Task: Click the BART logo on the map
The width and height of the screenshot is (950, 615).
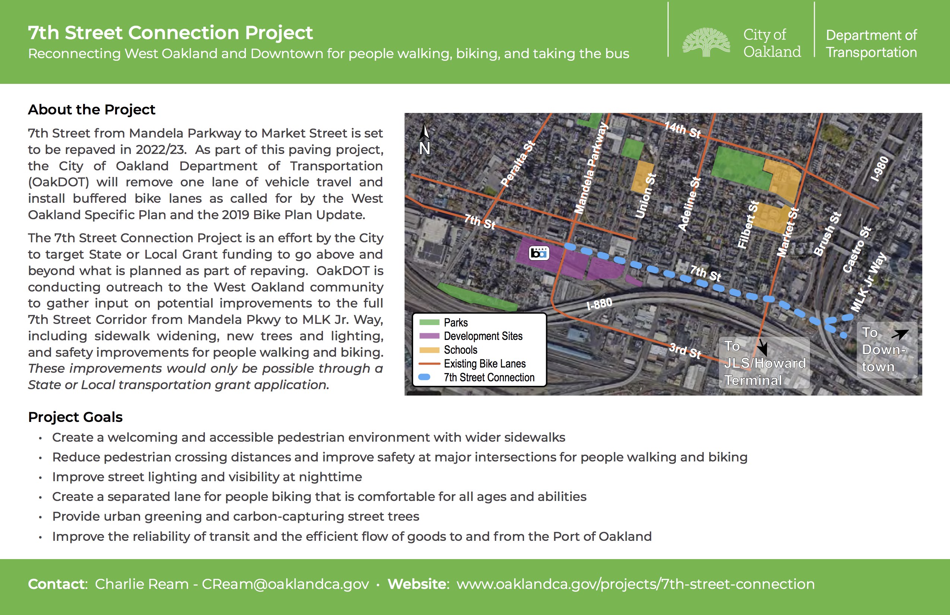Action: tap(539, 253)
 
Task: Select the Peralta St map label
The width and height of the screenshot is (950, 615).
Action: tap(518, 164)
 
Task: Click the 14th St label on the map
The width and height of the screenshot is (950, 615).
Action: tap(682, 130)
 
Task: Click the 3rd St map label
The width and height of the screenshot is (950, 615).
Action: tap(685, 350)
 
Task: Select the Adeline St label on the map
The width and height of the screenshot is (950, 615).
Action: tap(690, 204)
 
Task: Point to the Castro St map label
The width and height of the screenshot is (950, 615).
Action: tap(856, 250)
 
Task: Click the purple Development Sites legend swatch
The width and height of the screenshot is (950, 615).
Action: tap(429, 336)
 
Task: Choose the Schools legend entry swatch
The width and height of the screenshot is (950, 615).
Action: tap(429, 350)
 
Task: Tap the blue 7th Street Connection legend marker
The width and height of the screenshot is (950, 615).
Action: tap(424, 377)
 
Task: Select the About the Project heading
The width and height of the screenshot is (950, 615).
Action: tap(91, 110)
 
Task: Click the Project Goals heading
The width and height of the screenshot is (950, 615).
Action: tap(75, 417)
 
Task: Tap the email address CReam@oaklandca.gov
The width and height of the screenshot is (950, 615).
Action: tap(285, 584)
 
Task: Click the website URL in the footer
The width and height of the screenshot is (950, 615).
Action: tap(636, 584)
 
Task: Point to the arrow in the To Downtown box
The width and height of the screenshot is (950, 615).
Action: tap(900, 334)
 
